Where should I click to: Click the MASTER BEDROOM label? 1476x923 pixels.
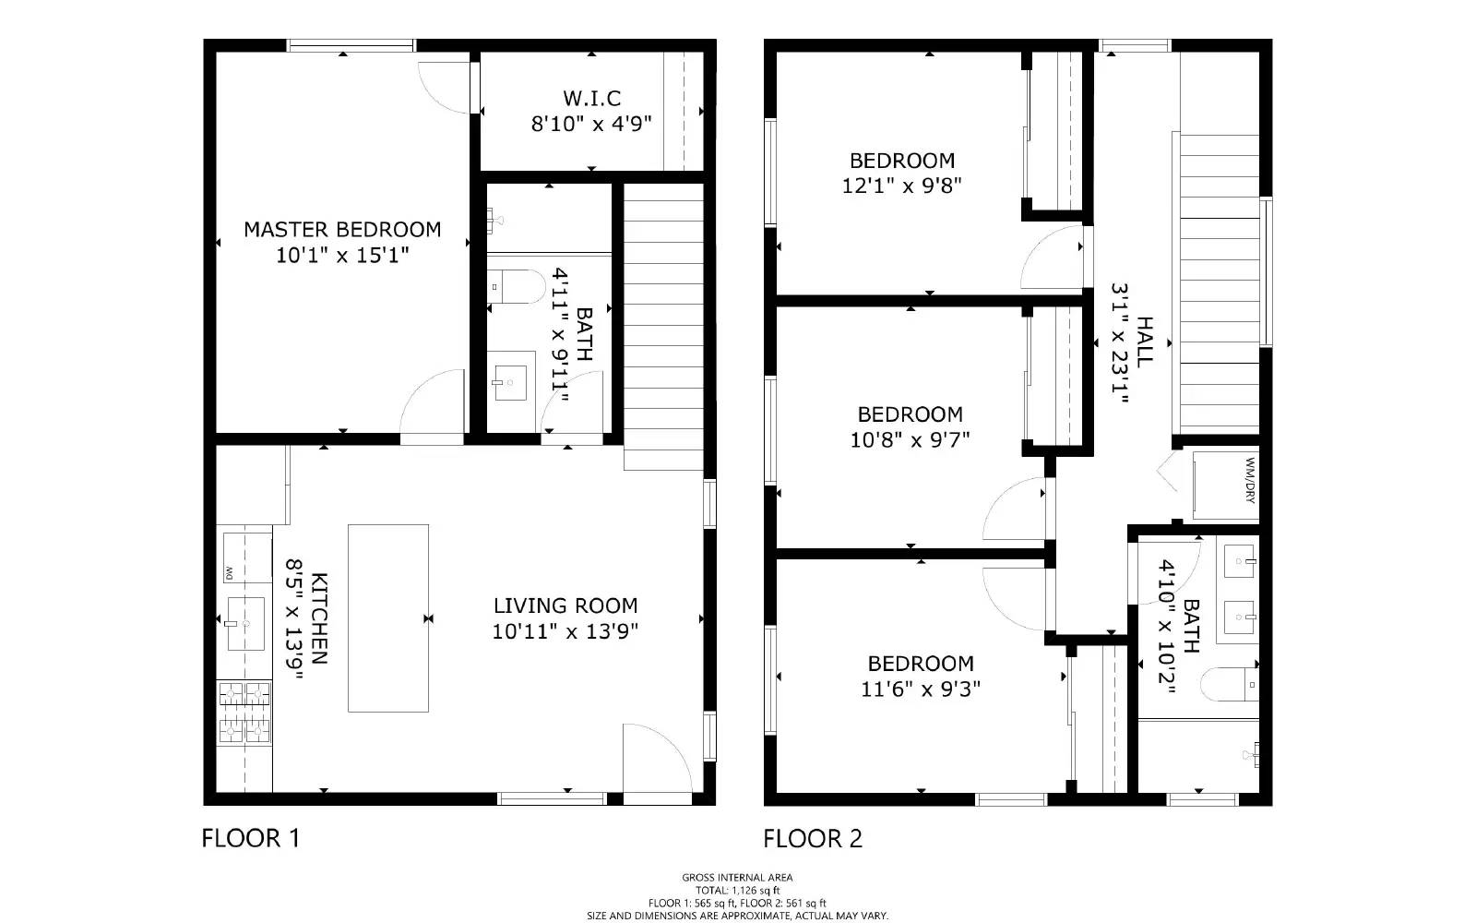[342, 230]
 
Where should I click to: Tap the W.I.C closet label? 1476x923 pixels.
[591, 98]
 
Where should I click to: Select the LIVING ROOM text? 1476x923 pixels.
[565, 605]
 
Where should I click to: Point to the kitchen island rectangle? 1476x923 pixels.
[388, 617]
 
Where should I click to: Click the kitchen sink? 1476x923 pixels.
[245, 624]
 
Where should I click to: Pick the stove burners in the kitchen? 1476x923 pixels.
[244, 713]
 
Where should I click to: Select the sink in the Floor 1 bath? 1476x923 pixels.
[511, 383]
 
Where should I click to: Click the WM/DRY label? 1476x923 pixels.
[1250, 480]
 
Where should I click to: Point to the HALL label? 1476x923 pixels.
[1145, 342]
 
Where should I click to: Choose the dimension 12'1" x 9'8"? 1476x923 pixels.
[901, 186]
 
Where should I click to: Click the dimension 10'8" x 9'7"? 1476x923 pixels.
[910, 439]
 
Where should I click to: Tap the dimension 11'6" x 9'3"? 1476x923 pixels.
[921, 689]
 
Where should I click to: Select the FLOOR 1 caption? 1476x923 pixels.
[250, 838]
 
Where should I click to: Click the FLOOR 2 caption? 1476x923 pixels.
[813, 839]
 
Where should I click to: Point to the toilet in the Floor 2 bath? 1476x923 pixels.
[1230, 684]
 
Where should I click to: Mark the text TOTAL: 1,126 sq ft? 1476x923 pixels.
[737, 890]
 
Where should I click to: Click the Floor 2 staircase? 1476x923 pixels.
[1219, 283]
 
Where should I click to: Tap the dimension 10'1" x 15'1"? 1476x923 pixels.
[342, 255]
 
